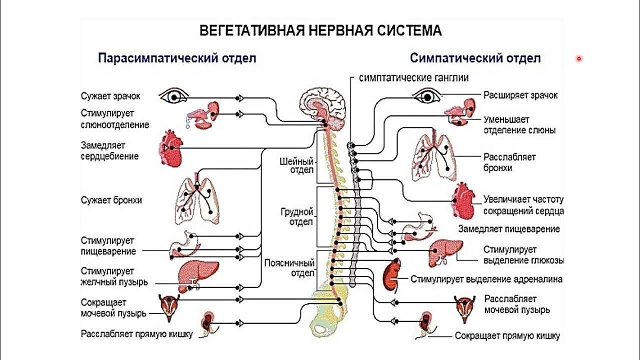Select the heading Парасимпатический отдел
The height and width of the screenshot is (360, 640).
coord(177,58)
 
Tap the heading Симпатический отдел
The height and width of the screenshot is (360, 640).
coord(475,58)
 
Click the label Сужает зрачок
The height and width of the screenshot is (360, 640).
coord(111,95)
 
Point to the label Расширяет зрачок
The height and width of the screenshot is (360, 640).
coord(520,95)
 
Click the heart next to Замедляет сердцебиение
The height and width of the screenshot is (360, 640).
coord(170,148)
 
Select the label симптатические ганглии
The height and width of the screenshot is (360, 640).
coord(414,78)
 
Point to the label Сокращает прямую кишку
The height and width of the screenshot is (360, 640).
coord(507,336)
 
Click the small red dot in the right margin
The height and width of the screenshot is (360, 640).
coord(579,58)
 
